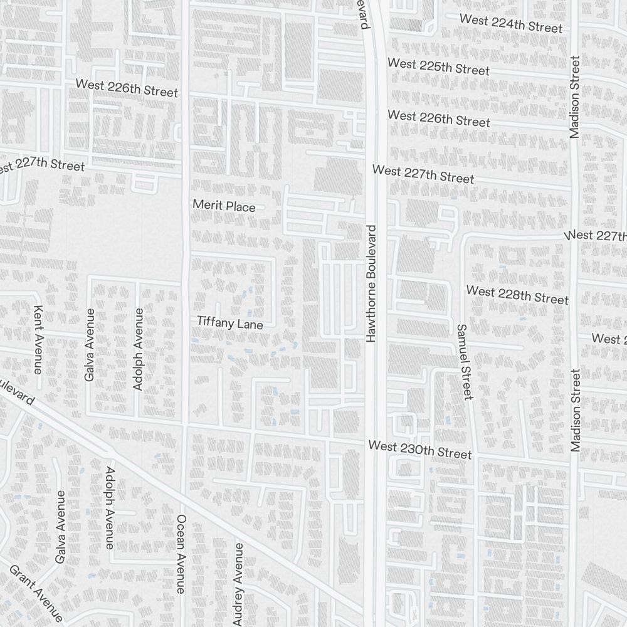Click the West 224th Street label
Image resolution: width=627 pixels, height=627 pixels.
click(511, 23)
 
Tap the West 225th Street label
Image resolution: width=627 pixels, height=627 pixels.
click(438, 66)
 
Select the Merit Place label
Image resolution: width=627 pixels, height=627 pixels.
click(224, 206)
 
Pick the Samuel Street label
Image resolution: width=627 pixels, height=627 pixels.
click(464, 362)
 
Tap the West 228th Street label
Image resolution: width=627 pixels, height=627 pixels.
click(517, 295)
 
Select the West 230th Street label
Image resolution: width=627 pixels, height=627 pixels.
click(419, 450)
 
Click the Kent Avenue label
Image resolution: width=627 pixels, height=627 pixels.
click(38, 339)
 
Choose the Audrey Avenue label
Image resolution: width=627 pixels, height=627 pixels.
click(238, 584)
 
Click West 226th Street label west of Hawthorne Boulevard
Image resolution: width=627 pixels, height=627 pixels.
click(127, 88)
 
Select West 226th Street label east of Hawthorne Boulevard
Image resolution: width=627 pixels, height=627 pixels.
click(438, 118)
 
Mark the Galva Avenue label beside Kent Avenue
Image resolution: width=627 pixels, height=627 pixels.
click(90, 344)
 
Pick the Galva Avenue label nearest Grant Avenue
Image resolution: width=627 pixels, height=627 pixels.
click(61, 527)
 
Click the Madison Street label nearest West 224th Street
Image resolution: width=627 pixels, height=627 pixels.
click(576, 97)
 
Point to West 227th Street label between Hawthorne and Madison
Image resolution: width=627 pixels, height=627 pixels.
click(423, 174)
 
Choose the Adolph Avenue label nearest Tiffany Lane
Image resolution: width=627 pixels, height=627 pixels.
click(139, 349)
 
